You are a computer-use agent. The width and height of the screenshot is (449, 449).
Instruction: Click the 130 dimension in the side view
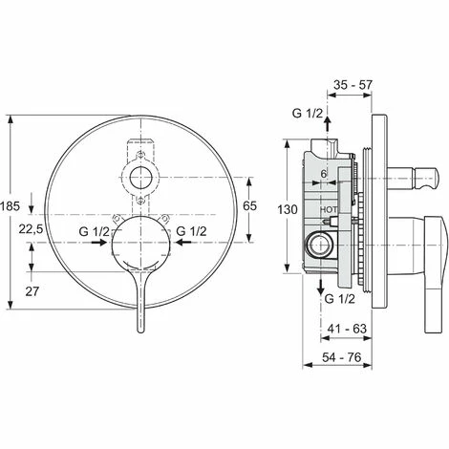[272, 209]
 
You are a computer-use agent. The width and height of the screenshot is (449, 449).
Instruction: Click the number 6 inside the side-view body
[324, 171]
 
